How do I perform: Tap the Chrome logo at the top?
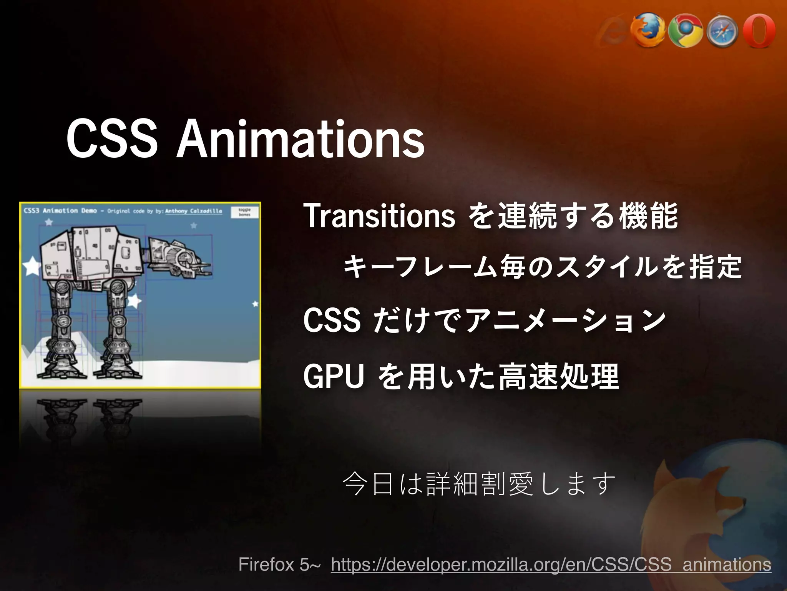pos(685,32)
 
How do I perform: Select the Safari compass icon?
pos(721,32)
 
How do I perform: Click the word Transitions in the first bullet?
pos(379,216)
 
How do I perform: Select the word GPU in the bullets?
pos(333,376)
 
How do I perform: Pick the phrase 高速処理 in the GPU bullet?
pos(558,376)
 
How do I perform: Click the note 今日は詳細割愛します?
pos(479,484)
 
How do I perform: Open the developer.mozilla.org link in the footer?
pos(551,564)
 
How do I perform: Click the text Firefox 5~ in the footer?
pos(279,564)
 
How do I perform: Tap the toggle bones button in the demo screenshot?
pos(244,212)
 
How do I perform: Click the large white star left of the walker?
pos(32,266)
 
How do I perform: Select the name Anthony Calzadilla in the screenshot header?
pos(193,211)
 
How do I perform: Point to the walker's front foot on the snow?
pos(117,366)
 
